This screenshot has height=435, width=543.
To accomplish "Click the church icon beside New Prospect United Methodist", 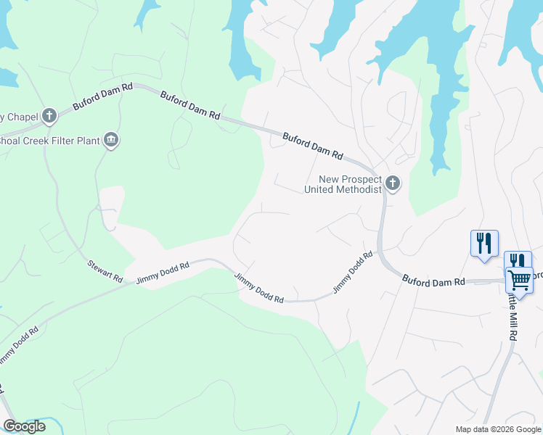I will [x=393, y=183].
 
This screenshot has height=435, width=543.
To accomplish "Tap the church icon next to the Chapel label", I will [x=49, y=115].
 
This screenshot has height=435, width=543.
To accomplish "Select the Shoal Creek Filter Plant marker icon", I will [x=110, y=140].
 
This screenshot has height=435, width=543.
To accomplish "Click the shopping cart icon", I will [x=518, y=279].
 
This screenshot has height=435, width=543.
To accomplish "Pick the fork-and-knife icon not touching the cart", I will [x=484, y=243].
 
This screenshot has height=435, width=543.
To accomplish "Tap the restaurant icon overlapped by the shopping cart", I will [x=517, y=260].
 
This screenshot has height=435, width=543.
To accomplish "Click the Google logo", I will [x=24, y=426].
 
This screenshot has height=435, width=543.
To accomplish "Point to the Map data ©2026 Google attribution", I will [x=497, y=429].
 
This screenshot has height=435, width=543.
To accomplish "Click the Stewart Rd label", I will [x=105, y=271].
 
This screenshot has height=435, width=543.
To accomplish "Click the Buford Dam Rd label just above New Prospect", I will [x=312, y=145].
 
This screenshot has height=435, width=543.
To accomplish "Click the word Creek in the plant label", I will [x=33, y=140].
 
